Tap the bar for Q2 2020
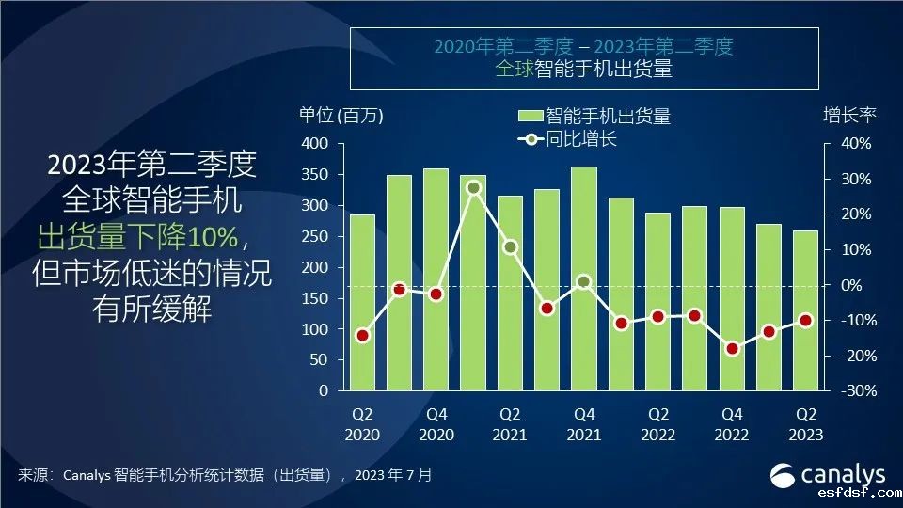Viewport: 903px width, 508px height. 362,302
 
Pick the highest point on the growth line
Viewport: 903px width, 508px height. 473,187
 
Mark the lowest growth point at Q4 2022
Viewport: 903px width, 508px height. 732,348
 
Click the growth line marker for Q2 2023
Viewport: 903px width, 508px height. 805,320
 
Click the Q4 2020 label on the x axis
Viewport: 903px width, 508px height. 436,423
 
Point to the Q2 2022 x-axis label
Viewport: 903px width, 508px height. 657,423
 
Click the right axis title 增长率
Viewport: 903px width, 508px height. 849,116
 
